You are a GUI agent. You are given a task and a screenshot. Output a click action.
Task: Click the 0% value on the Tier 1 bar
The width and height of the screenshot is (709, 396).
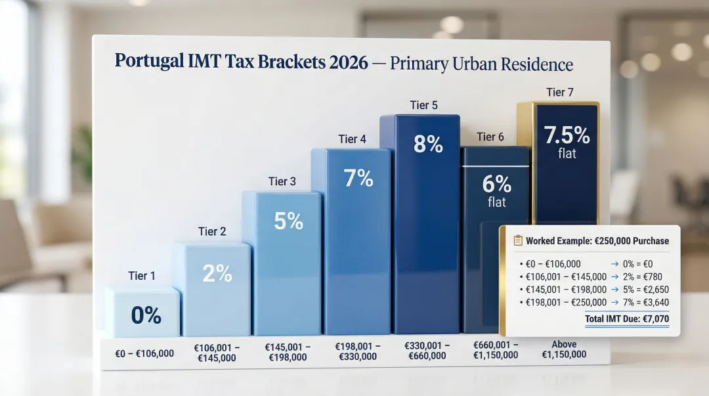[x=146, y=316]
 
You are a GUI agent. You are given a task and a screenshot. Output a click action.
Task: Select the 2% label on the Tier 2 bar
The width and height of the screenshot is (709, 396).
[x=217, y=273]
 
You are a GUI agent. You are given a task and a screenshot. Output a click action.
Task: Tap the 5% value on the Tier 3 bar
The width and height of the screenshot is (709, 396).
[x=288, y=221]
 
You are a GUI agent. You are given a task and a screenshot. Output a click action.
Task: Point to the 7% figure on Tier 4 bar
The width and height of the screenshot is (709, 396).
[x=358, y=178]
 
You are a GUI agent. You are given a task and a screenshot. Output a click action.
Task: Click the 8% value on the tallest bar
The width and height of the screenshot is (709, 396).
[x=428, y=144]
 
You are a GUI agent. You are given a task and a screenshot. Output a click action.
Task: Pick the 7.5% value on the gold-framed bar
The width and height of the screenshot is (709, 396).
[x=567, y=135]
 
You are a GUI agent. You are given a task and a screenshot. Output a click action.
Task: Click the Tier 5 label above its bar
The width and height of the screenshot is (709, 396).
[x=423, y=105]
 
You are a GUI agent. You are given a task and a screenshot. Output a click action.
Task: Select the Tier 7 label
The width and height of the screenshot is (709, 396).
[x=559, y=93]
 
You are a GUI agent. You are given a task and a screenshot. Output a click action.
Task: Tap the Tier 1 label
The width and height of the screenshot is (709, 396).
[x=142, y=276]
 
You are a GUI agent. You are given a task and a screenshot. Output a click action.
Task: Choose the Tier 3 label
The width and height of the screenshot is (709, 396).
[x=282, y=181]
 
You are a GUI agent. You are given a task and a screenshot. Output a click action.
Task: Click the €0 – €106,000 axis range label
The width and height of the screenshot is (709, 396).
[x=144, y=353]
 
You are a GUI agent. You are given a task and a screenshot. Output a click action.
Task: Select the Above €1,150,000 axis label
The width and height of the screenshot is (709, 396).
[x=564, y=349]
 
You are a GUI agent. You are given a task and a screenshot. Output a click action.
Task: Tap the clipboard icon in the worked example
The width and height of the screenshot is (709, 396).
[x=517, y=241]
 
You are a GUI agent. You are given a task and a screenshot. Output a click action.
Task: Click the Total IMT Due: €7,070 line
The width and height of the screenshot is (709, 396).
[x=626, y=319]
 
